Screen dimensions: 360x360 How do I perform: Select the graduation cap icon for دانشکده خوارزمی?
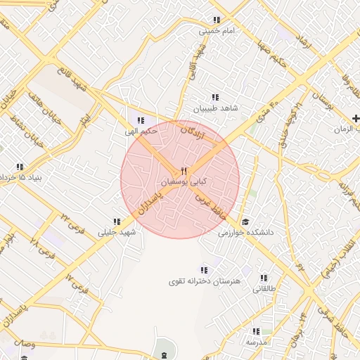245,221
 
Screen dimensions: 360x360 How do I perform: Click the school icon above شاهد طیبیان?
214,98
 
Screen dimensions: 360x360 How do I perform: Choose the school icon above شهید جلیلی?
117,221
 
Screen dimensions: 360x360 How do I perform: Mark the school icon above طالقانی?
264,278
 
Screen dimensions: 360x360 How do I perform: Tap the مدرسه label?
255,341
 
